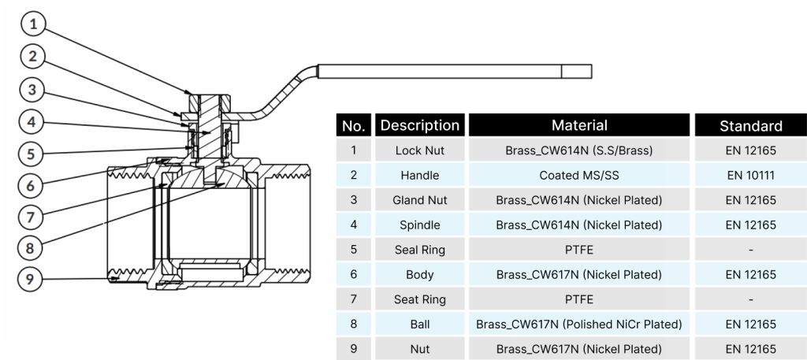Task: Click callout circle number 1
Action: coord(32,25)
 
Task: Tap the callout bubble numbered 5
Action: coord(31,154)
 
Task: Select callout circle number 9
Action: coord(31,278)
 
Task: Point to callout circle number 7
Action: coord(31,216)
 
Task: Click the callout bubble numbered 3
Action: coord(31,90)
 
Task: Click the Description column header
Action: coord(419,125)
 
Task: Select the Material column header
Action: coord(579,125)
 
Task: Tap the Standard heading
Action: coord(750,126)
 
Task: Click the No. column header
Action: coord(353,125)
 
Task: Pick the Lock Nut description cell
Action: coord(419,150)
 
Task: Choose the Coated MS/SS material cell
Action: coord(579,175)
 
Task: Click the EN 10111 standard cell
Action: coord(750,175)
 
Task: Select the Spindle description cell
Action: coord(419,225)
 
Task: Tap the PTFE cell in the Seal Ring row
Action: coord(579,250)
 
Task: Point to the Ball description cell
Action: coord(419,324)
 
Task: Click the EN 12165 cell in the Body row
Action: coord(750,274)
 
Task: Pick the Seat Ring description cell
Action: coord(419,299)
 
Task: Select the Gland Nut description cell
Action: coord(419,200)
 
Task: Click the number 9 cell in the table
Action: coord(353,348)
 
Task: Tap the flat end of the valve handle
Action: coord(576,72)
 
